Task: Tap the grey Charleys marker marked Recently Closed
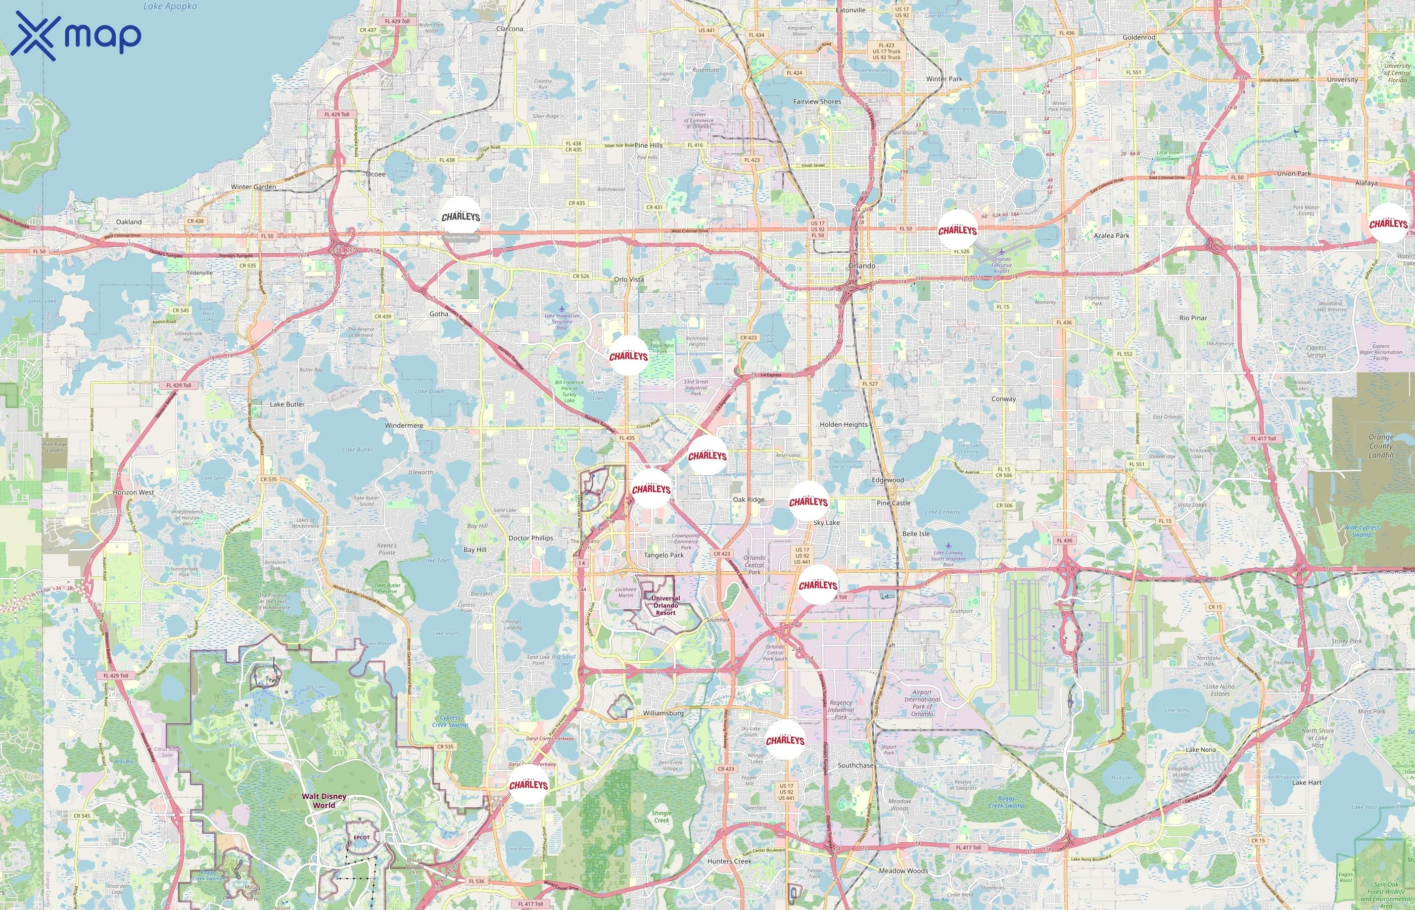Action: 461,217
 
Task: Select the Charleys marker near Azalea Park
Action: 957,230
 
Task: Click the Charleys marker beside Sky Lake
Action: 808,502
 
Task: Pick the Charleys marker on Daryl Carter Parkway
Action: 529,785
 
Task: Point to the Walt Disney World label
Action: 324,801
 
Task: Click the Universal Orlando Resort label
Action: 666,606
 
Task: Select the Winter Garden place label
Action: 253,187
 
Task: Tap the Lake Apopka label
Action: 170,7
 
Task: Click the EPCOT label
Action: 361,837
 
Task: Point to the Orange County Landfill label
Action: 1381,446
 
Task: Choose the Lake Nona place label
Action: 1201,749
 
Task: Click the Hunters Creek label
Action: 729,861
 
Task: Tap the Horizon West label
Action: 133,492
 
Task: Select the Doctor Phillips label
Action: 531,538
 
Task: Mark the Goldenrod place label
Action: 1139,37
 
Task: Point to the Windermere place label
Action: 404,426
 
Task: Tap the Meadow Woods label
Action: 903,871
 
